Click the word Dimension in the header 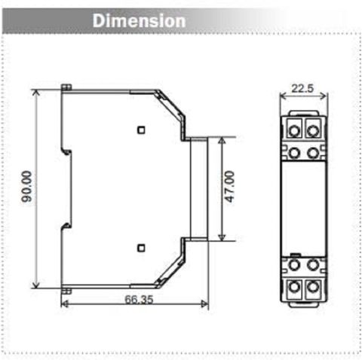[x=139, y=21]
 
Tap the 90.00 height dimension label [x=26, y=186]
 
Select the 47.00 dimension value [x=230, y=187]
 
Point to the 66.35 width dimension [x=139, y=299]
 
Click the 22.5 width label [x=302, y=88]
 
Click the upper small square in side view [x=141, y=130]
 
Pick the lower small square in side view [x=141, y=248]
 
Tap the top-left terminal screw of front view [x=294, y=130]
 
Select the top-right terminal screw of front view [x=313, y=130]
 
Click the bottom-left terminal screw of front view [x=294, y=287]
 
